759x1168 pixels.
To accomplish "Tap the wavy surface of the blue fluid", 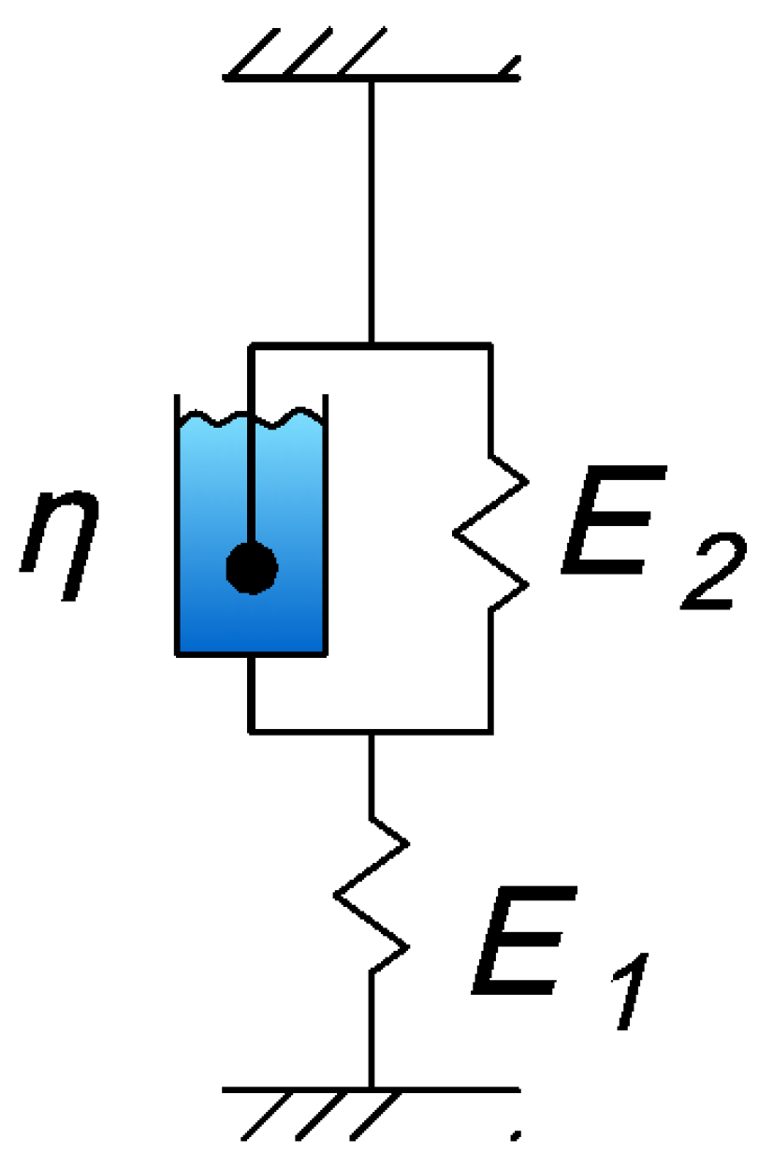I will coord(251,417).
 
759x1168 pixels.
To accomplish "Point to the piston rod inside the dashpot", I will coord(251,468).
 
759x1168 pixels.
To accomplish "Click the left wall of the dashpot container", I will coord(178,524).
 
